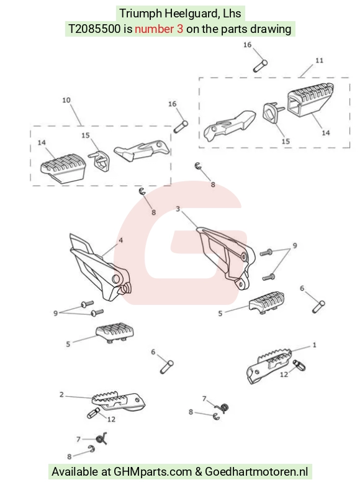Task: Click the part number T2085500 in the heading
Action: pyautogui.click(x=94, y=29)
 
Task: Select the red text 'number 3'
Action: pyautogui.click(x=159, y=29)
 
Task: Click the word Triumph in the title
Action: pyautogui.click(x=140, y=14)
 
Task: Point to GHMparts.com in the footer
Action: pyautogui.click(x=153, y=472)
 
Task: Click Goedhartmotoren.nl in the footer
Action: pyautogui.click(x=256, y=472)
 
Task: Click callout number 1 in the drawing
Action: pyautogui.click(x=314, y=345)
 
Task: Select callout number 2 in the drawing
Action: pyautogui.click(x=61, y=394)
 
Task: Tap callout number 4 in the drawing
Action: pyautogui.click(x=120, y=240)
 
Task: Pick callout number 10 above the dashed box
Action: pyautogui.click(x=66, y=100)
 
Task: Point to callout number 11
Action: pyautogui.click(x=319, y=60)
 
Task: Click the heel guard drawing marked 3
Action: pyautogui.click(x=227, y=257)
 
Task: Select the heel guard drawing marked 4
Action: pyautogui.click(x=99, y=268)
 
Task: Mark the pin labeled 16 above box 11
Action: pyautogui.click(x=261, y=66)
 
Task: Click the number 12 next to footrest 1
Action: pyautogui.click(x=284, y=374)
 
